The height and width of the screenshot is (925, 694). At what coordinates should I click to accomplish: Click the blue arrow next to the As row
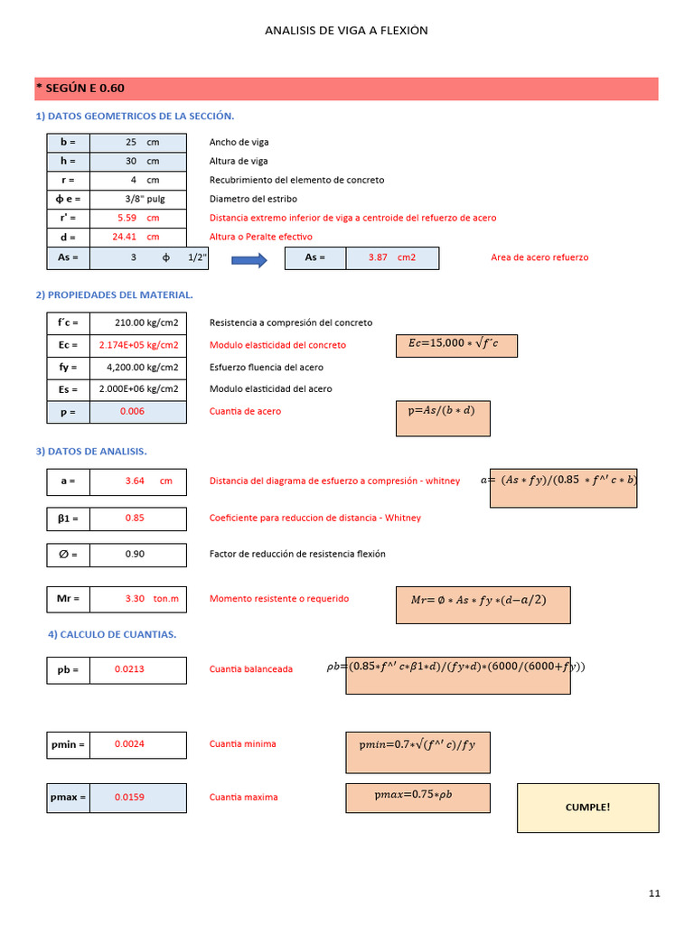pos(249,260)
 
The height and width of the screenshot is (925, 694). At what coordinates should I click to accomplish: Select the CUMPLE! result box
pos(587,807)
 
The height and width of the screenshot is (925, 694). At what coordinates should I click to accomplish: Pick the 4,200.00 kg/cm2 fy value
pos(142,368)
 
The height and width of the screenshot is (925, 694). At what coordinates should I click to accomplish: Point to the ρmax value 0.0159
pos(129,798)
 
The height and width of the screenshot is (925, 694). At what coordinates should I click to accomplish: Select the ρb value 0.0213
pos(129,669)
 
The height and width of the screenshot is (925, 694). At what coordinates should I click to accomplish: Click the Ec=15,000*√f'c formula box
pos(456,344)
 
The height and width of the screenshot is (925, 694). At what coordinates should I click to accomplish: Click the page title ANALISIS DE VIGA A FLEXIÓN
pos(346,31)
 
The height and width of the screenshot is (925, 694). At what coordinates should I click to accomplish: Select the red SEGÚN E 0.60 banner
pos(346,89)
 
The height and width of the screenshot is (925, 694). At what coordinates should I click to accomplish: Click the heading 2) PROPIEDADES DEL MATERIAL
pos(114,294)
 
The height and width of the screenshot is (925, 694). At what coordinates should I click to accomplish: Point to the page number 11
pos(654,894)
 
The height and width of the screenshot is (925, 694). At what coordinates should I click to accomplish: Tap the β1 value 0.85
pos(135,519)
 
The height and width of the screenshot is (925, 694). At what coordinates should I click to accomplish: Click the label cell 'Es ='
pos(69,389)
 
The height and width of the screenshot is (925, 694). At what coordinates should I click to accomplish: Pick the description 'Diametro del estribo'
pos(253,199)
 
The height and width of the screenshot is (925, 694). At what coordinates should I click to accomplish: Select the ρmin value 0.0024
pos(129,744)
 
